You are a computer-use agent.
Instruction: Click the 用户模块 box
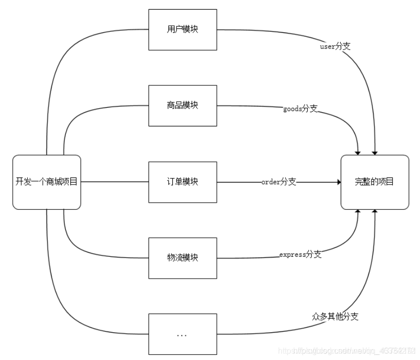182,29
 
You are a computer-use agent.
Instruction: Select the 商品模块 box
182,105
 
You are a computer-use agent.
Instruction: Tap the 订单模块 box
182,182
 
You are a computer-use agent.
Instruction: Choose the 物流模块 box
182,258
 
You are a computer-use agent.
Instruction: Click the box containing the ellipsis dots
182,334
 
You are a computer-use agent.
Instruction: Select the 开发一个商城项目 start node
46,182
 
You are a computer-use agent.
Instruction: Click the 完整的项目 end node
375,182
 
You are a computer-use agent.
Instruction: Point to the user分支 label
336,46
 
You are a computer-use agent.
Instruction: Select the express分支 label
300,254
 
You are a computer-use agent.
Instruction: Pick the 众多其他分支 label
336,317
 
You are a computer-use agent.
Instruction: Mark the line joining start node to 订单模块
115,182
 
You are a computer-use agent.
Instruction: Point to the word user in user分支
328,46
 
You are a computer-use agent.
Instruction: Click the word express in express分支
293,255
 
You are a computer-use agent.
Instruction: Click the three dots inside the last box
182,335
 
